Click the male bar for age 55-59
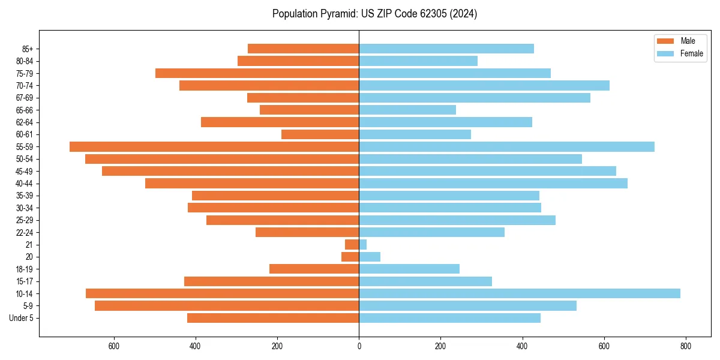click(214, 146)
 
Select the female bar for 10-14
click(520, 293)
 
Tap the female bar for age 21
click(363, 244)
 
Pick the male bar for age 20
click(350, 257)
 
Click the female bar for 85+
click(446, 49)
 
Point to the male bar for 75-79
click(257, 73)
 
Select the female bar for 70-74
click(484, 85)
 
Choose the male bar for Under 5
click(273, 318)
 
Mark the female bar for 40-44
click(493, 183)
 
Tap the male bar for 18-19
click(314, 269)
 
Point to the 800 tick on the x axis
click(686, 346)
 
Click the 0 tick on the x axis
click(359, 346)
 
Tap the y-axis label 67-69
click(25, 98)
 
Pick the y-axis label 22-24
click(25, 232)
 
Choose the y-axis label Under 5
click(22, 318)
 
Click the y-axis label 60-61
click(25, 134)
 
